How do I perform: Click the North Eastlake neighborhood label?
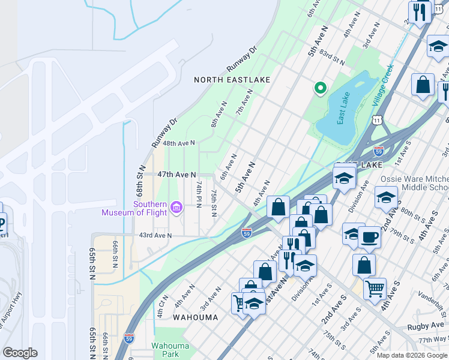click(232, 80)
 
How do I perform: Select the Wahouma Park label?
click(170, 350)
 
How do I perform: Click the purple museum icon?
click(176, 208)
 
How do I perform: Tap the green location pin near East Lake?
click(321, 88)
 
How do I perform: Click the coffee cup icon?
click(369, 238)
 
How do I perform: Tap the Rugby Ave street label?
click(424, 327)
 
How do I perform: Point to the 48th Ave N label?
click(179, 143)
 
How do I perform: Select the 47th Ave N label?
click(176, 175)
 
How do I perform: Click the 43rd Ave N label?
click(155, 235)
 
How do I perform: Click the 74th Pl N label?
click(198, 196)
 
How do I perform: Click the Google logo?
click(20, 353)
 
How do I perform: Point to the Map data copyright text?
click(411, 355)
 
